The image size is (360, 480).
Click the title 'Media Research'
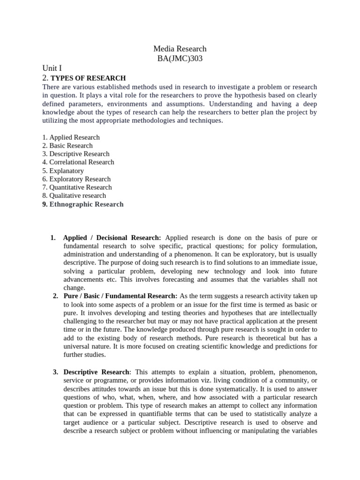tap(180, 49)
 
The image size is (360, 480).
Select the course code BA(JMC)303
tap(180, 58)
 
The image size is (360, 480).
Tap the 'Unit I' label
tap(52, 68)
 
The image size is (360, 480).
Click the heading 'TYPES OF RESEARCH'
tap(88, 78)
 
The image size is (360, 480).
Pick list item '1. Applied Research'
tap(71, 137)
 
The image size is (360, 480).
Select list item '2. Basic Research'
tap(67, 146)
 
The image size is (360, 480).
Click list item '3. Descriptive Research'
tap(75, 154)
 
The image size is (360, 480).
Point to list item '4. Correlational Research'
tap(78, 162)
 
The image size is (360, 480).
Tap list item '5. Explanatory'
tap(63, 171)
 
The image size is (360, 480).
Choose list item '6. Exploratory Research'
tap(76, 179)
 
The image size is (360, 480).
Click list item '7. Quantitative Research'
tap(77, 187)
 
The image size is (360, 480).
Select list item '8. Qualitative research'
tap(74, 195)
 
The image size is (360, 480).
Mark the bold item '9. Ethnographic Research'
tap(83, 204)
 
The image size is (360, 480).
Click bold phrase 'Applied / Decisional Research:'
tap(112, 238)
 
